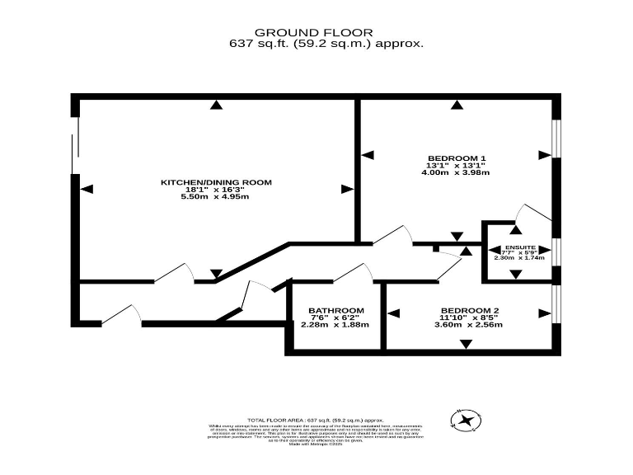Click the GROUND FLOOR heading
(x=316, y=32)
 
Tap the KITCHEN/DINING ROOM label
(x=215, y=181)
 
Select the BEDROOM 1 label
(x=456, y=158)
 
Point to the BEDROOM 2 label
(x=468, y=311)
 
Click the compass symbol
(x=466, y=421)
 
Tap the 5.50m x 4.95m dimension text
(x=215, y=196)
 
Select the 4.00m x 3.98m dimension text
(x=456, y=172)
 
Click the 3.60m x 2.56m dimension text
(x=468, y=324)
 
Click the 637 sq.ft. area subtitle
(x=316, y=44)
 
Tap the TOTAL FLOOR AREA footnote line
(x=316, y=420)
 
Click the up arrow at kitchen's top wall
(x=216, y=105)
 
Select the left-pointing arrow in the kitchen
(x=88, y=188)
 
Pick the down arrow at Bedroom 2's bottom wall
(x=467, y=344)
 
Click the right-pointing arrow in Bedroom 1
(x=543, y=154)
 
